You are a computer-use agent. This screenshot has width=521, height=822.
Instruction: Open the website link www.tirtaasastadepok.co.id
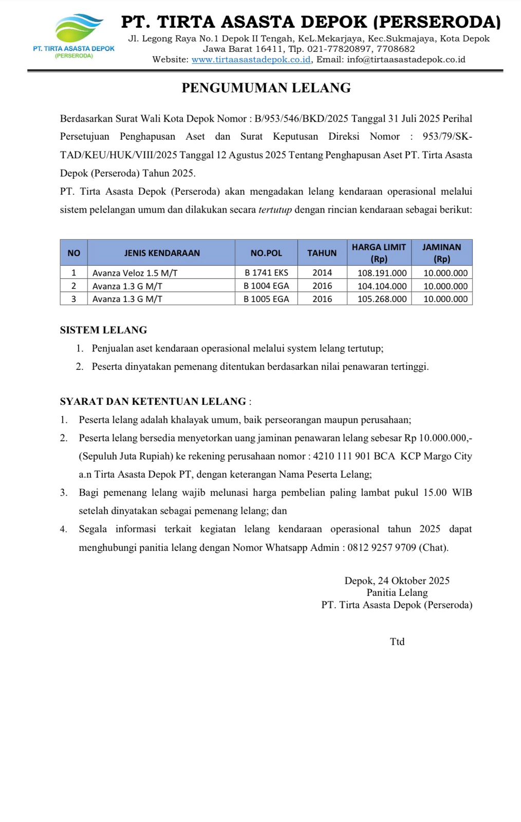(x=251, y=60)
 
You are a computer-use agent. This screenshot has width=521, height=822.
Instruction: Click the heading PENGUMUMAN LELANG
(x=266, y=88)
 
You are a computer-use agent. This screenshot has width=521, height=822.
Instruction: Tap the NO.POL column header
(x=266, y=253)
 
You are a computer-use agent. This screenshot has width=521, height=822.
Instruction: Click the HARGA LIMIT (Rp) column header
(x=379, y=253)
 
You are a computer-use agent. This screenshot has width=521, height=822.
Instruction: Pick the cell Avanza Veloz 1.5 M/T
(x=135, y=273)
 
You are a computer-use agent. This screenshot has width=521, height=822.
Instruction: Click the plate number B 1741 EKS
(x=266, y=273)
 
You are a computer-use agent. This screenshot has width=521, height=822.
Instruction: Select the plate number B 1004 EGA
(x=266, y=286)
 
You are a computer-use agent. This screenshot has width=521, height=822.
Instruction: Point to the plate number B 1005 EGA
(x=266, y=299)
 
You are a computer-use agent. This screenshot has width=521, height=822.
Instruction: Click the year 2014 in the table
(x=322, y=273)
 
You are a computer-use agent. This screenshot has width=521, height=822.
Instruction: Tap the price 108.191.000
(x=382, y=273)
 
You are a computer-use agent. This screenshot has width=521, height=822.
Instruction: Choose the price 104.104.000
(x=382, y=286)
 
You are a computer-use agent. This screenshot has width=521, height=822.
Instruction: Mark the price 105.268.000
(x=382, y=299)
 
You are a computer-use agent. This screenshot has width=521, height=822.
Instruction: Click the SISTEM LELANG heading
(x=103, y=330)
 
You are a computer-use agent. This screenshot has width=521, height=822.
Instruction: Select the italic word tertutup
(x=275, y=210)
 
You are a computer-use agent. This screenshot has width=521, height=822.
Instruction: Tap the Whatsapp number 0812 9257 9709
(x=381, y=548)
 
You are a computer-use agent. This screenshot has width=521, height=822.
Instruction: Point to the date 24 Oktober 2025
(x=414, y=581)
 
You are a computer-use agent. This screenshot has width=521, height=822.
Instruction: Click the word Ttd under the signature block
(x=397, y=642)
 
